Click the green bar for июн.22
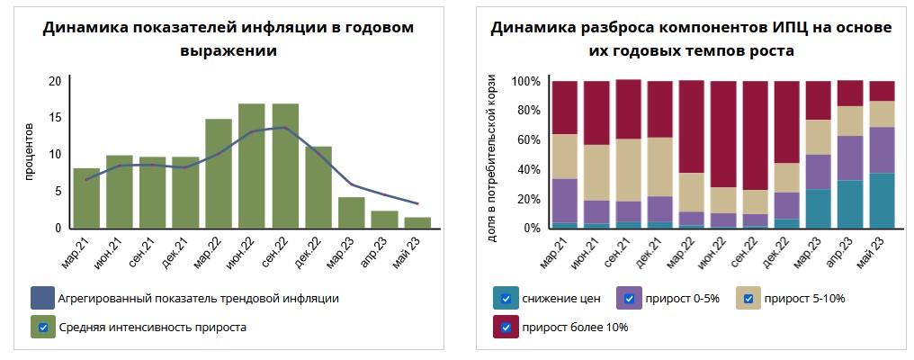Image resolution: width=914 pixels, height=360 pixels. pos(252,166)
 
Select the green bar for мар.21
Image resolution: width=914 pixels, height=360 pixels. pos(86,198)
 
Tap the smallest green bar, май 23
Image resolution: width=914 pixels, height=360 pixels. pos(417,222)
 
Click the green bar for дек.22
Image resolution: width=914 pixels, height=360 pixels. pos(318,187)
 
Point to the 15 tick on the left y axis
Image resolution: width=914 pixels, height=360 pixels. pos(55,118)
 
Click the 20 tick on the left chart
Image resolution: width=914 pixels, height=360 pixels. pos(55,81)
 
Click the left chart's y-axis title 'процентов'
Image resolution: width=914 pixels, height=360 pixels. pos(30,153)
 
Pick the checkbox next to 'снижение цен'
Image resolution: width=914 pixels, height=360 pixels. pos(506,299)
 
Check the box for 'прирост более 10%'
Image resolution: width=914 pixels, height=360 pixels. pos(506,328)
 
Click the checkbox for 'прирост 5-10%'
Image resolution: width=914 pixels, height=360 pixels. pos(748,299)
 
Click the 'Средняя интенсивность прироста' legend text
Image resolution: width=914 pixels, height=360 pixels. pos(153,328)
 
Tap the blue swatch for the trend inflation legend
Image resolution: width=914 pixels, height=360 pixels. pos(42,298)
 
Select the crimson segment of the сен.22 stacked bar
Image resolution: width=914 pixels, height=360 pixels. pos(756,135)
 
